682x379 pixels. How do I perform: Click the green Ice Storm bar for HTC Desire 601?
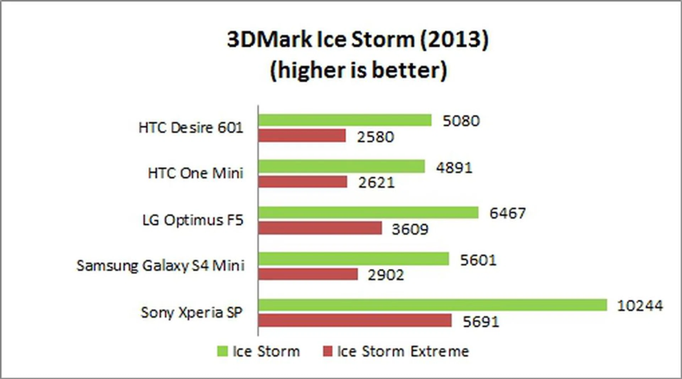(x=345, y=120)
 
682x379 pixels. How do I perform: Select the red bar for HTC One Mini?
(x=303, y=182)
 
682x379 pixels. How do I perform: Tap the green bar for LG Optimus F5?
(x=368, y=212)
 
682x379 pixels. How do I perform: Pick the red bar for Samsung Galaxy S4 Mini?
(x=308, y=274)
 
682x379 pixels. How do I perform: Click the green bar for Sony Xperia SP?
(x=432, y=305)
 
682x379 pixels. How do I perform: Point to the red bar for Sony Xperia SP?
(x=355, y=320)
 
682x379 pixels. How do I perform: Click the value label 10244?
(x=640, y=306)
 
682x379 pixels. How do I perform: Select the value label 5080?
(x=461, y=121)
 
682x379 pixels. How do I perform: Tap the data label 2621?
(x=376, y=183)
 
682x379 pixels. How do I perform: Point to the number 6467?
(x=508, y=213)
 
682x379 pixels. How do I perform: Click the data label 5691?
(x=481, y=322)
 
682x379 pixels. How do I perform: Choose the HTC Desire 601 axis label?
(x=191, y=128)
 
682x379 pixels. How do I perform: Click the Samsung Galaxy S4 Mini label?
(x=161, y=266)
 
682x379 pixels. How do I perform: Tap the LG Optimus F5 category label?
(x=193, y=220)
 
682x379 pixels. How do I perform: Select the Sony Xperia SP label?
(x=191, y=313)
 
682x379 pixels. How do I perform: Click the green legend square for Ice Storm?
(x=222, y=351)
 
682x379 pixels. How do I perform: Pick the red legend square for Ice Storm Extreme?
(x=328, y=351)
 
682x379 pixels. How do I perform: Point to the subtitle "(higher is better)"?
(x=358, y=70)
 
